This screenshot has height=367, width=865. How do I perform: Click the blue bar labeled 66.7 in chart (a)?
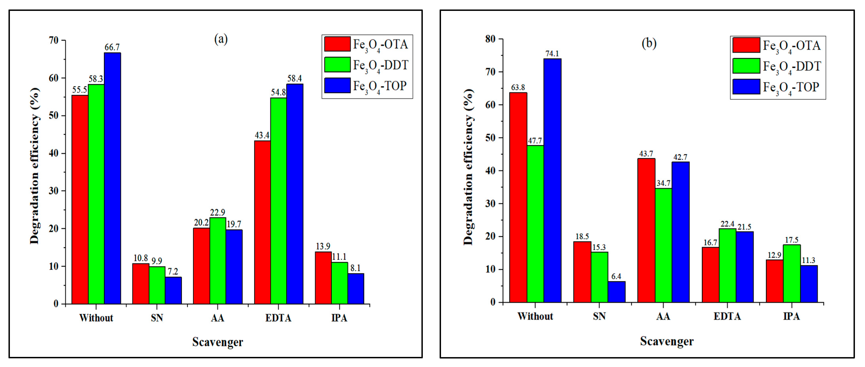[x=112, y=178]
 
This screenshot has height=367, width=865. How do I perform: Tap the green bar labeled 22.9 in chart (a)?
[x=218, y=261]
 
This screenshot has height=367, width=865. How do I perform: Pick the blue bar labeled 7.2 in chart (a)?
[x=173, y=290]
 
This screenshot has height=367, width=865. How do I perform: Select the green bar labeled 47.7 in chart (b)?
[x=535, y=224]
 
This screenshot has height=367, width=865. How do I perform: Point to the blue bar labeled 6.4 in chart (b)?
[x=617, y=292]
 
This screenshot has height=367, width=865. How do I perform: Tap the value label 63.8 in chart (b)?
[x=518, y=87]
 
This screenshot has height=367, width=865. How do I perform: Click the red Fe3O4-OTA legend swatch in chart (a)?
[x=337, y=44]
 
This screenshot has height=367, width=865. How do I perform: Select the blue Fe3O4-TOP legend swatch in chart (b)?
[x=746, y=87]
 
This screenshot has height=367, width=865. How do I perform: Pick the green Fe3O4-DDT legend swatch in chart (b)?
[x=746, y=66]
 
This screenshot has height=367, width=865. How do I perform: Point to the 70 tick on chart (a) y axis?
[x=54, y=40]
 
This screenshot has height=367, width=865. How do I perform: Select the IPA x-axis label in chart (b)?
[x=791, y=316]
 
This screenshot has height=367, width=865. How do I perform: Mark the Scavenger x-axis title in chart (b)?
[x=667, y=341]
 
